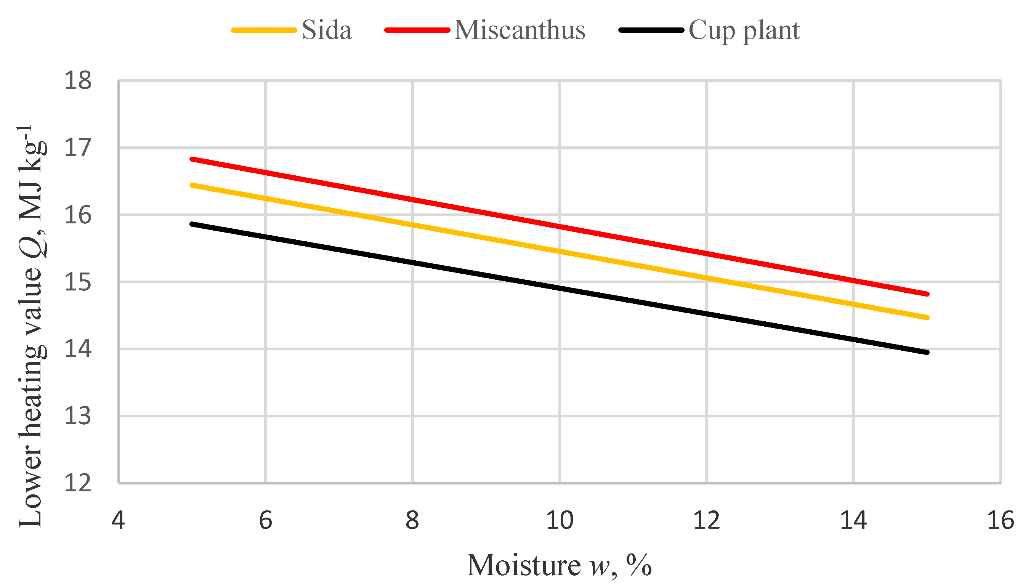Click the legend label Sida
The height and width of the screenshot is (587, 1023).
tap(327, 30)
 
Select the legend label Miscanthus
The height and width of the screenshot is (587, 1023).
tap(520, 30)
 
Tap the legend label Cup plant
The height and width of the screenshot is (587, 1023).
tap(744, 30)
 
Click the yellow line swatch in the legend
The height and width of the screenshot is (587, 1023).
tap(264, 30)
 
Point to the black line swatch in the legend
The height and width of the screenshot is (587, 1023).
tap(651, 30)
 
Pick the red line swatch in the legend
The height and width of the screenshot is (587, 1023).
tap(417, 30)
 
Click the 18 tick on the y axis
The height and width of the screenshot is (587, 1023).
tap(78, 81)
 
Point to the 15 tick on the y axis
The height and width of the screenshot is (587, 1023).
tap(78, 282)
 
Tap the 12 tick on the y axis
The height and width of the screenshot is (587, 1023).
tap(78, 483)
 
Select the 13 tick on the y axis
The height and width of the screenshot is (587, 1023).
tap(78, 416)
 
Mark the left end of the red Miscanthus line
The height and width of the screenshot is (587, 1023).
tap(192, 159)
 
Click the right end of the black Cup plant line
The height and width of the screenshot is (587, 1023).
tap(927, 352)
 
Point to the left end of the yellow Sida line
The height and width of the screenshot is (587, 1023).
tap(192, 185)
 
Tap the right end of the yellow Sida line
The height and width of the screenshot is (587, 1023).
tap(927, 318)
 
